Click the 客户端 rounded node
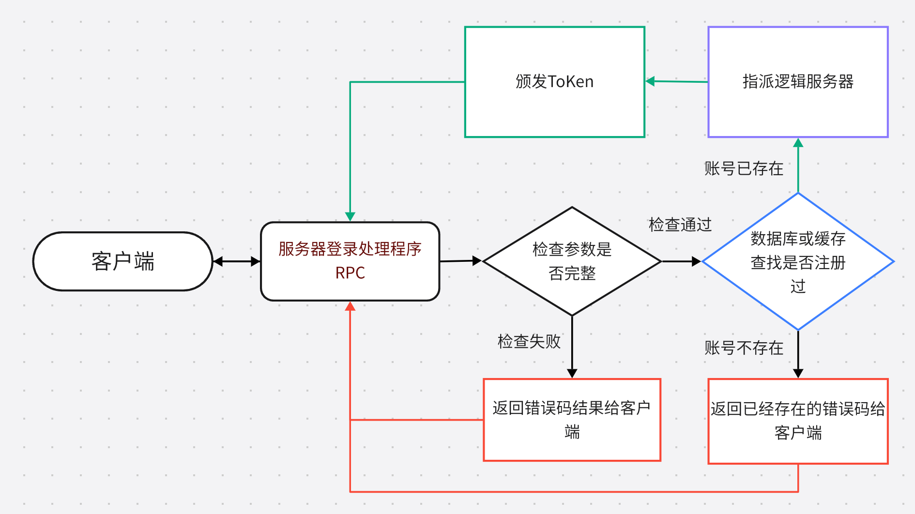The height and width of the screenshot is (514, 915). (122, 261)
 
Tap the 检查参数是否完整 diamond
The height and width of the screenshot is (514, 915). (572, 261)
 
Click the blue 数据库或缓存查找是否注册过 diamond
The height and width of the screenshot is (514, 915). (798, 262)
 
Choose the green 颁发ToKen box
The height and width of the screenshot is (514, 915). (554, 82)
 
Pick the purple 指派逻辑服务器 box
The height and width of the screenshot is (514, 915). (798, 82)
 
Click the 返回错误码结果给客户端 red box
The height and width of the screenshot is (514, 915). (572, 419)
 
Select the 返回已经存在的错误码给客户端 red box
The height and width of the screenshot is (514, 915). (798, 421)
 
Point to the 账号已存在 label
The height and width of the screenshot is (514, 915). (744, 168)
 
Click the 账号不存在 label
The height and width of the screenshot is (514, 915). (744, 348)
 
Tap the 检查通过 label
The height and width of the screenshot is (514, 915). (680, 225)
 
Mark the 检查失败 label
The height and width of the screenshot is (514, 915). (529, 341)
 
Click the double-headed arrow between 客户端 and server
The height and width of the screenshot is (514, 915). (237, 261)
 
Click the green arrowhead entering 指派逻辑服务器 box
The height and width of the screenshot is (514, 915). (798, 142)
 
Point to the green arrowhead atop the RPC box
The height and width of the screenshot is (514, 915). (350, 216)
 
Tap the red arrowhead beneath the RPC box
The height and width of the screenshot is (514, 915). (350, 306)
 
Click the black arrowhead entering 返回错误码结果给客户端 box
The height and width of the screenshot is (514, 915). (572, 374)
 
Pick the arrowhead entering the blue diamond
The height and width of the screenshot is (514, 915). (697, 261)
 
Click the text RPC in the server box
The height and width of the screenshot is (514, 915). (350, 273)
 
